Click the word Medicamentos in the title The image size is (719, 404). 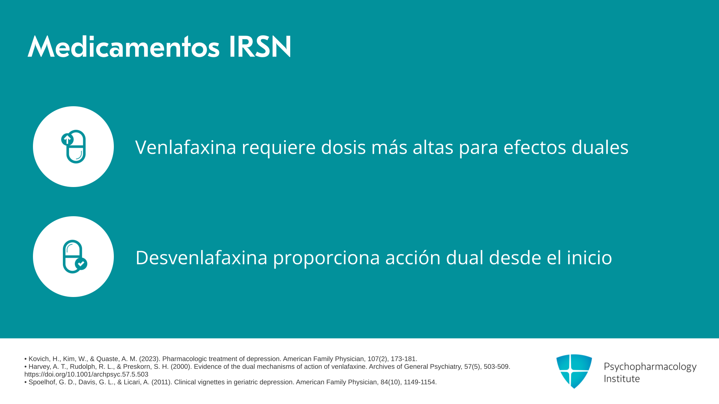[124, 47]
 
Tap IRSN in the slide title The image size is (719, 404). [260, 47]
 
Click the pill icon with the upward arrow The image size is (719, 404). [73, 147]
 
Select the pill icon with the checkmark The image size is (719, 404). [75, 257]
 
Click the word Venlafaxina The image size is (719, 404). [186, 147]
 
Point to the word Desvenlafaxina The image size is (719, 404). [201, 257]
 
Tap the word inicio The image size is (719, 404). [589, 257]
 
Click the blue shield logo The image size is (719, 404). [574, 371]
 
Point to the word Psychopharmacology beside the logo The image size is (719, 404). [650, 367]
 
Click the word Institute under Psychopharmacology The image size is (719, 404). [622, 379]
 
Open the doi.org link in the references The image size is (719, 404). [86, 374]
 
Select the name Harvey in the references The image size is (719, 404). [39, 367]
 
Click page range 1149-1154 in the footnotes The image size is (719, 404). [420, 382]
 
